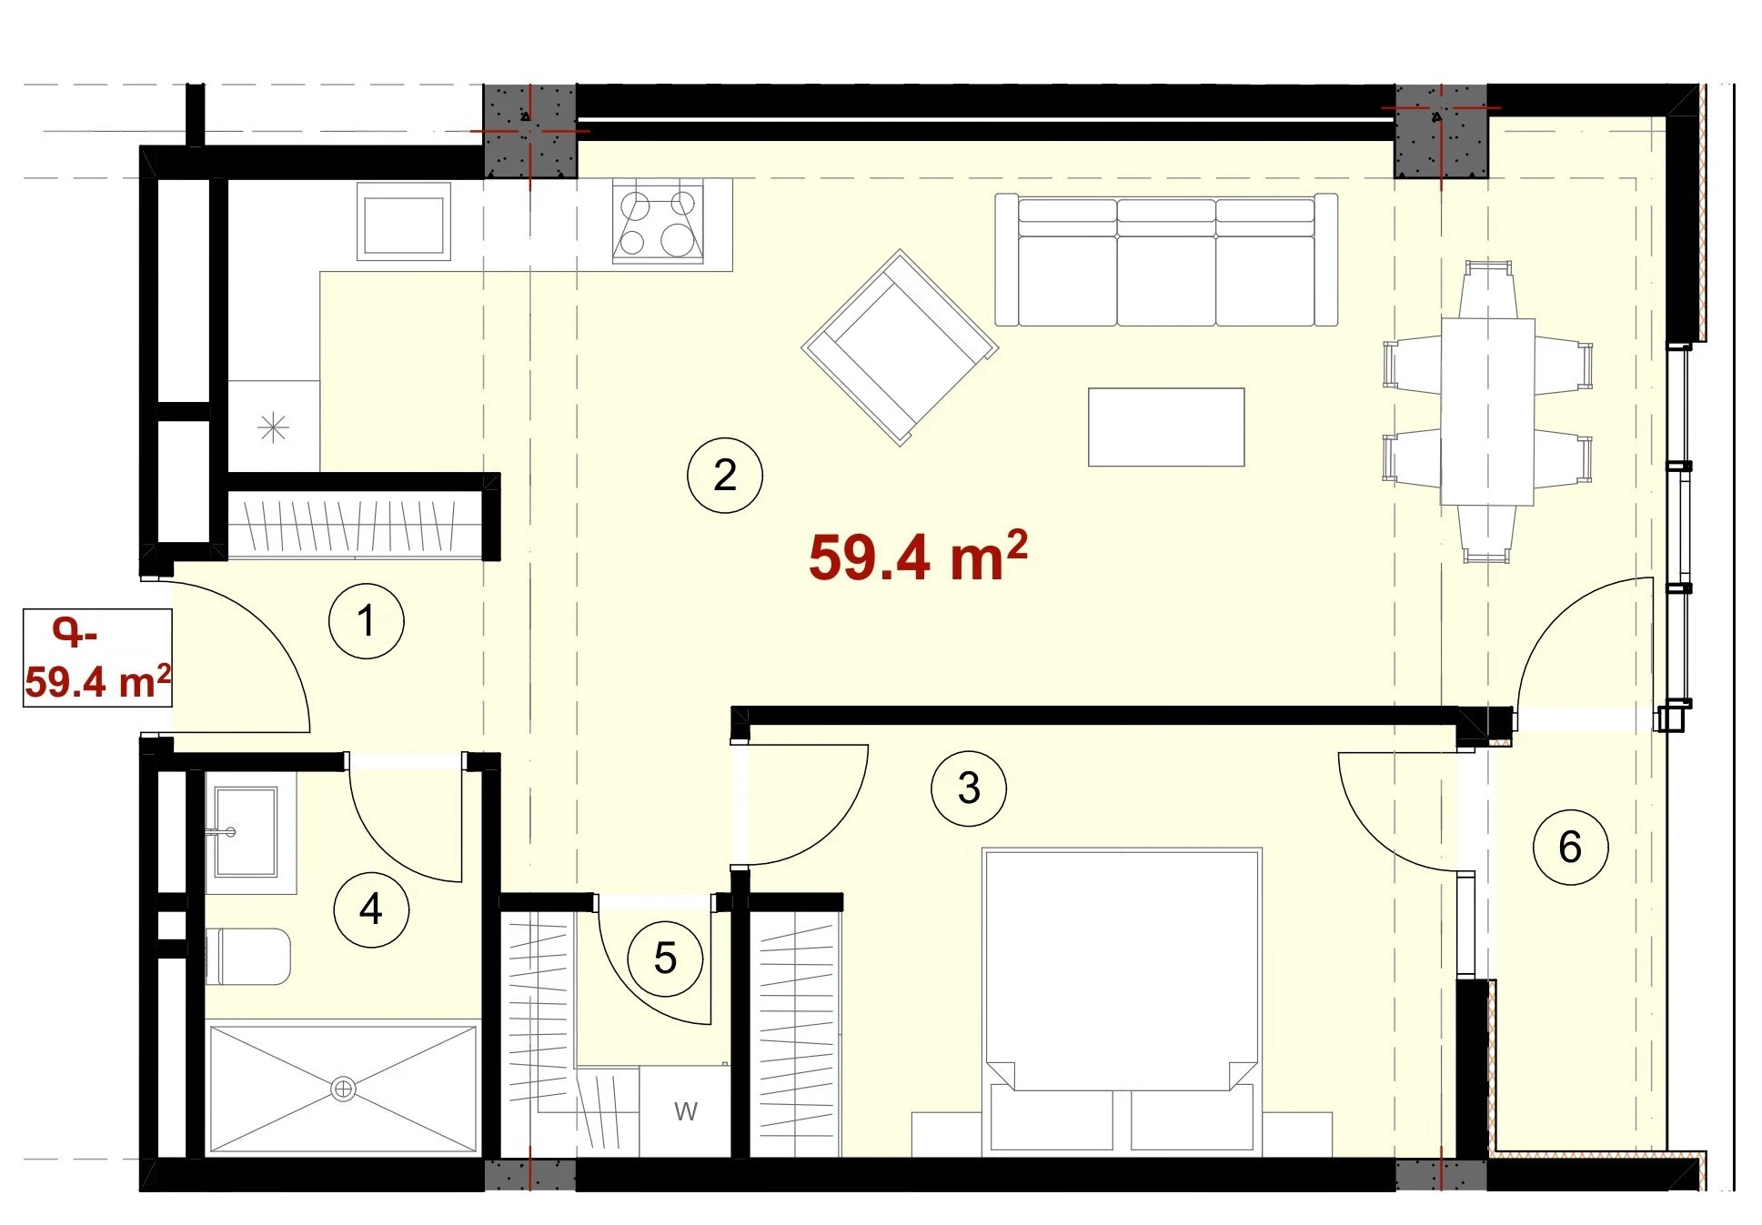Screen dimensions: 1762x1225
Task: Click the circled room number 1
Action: tap(366, 621)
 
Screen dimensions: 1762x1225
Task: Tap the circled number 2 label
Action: tap(725, 475)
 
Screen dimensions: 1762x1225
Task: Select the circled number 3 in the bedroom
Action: tap(969, 788)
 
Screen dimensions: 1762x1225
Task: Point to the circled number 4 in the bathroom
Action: tap(371, 909)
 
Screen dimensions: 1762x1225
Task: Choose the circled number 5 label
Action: tap(665, 959)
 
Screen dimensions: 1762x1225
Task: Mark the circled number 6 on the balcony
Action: tap(1570, 847)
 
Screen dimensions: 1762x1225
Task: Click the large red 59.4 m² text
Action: tap(918, 556)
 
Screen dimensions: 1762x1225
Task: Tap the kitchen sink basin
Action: tap(403, 223)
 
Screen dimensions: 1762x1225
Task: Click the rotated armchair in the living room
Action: tap(900, 347)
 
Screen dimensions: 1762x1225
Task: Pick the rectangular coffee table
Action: tap(1166, 427)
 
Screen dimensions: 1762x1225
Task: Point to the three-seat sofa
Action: tap(1166, 259)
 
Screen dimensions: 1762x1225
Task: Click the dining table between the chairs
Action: tap(1487, 411)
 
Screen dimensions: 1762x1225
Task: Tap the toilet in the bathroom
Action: tap(248, 957)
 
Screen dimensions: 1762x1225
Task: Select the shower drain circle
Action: tap(343, 1089)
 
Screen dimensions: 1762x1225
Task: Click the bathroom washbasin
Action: tap(246, 831)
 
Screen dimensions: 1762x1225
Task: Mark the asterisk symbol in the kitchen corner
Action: tap(273, 427)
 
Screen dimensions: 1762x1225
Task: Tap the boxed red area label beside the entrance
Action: tap(97, 658)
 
